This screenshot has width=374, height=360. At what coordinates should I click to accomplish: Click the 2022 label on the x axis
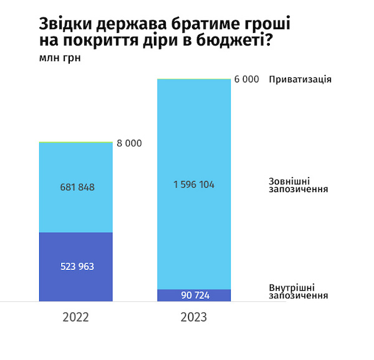point(75,317)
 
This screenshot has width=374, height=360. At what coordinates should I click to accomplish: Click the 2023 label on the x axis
point(194,317)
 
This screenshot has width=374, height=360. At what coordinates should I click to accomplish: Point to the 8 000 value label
point(129,144)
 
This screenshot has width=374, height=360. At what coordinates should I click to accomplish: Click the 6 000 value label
point(246,80)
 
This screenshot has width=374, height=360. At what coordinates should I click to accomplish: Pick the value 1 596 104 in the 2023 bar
point(194,184)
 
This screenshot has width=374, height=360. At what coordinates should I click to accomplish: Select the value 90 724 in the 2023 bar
point(194,295)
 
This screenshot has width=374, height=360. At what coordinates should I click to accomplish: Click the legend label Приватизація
point(300,80)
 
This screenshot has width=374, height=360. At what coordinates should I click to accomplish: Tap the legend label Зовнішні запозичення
point(299,184)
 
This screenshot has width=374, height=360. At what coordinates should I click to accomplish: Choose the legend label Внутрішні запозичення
point(299,291)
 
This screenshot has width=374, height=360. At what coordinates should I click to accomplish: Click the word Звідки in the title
point(62,24)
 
